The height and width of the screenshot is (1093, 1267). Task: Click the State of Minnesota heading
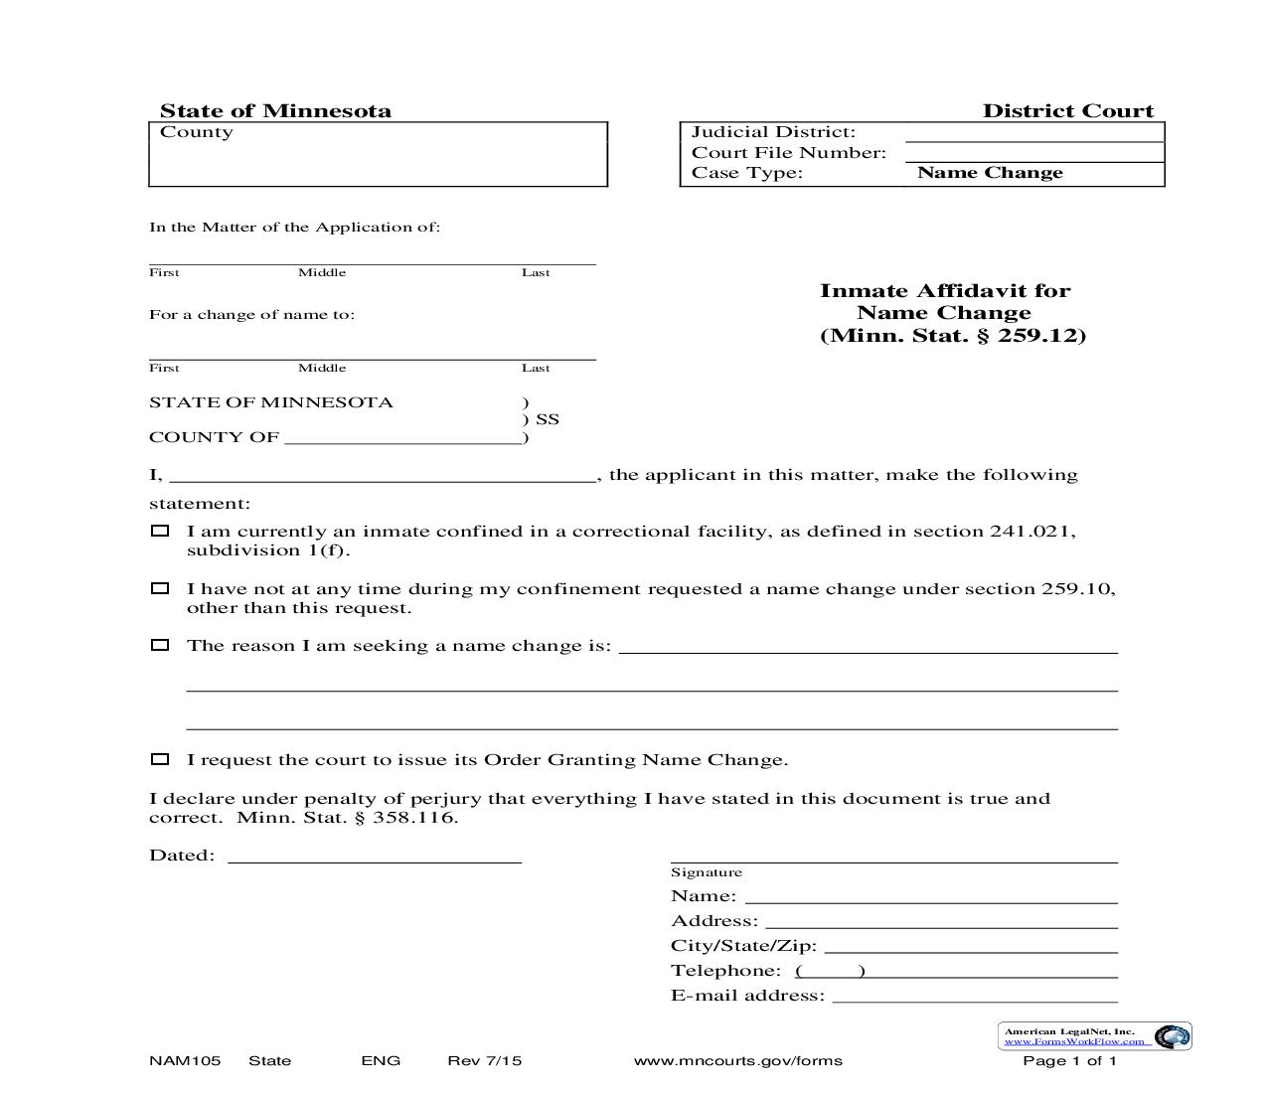pyautogui.click(x=275, y=111)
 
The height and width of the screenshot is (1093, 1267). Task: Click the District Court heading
pyautogui.click(x=1068, y=111)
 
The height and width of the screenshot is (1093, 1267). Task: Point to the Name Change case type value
pyautogui.click(x=990, y=173)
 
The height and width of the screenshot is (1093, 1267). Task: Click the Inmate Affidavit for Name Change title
pyautogui.click(x=952, y=313)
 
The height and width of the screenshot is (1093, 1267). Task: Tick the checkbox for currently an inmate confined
pyautogui.click(x=160, y=531)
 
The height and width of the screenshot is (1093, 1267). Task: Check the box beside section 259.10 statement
pyautogui.click(x=160, y=588)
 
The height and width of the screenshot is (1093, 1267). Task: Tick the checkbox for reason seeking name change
pyautogui.click(x=160, y=645)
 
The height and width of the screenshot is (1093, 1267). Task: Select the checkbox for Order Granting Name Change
pyautogui.click(x=160, y=759)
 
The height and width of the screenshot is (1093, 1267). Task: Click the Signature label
pyautogui.click(x=707, y=872)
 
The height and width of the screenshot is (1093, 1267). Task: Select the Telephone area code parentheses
pyautogui.click(x=831, y=972)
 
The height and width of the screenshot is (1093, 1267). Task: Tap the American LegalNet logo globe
pyautogui.click(x=1174, y=1036)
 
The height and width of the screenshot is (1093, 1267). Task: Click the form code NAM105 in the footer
pyautogui.click(x=185, y=1061)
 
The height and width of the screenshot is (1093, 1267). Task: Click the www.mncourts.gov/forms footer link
pyautogui.click(x=737, y=1061)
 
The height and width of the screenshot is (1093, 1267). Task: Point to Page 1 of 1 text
pyautogui.click(x=1070, y=1061)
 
